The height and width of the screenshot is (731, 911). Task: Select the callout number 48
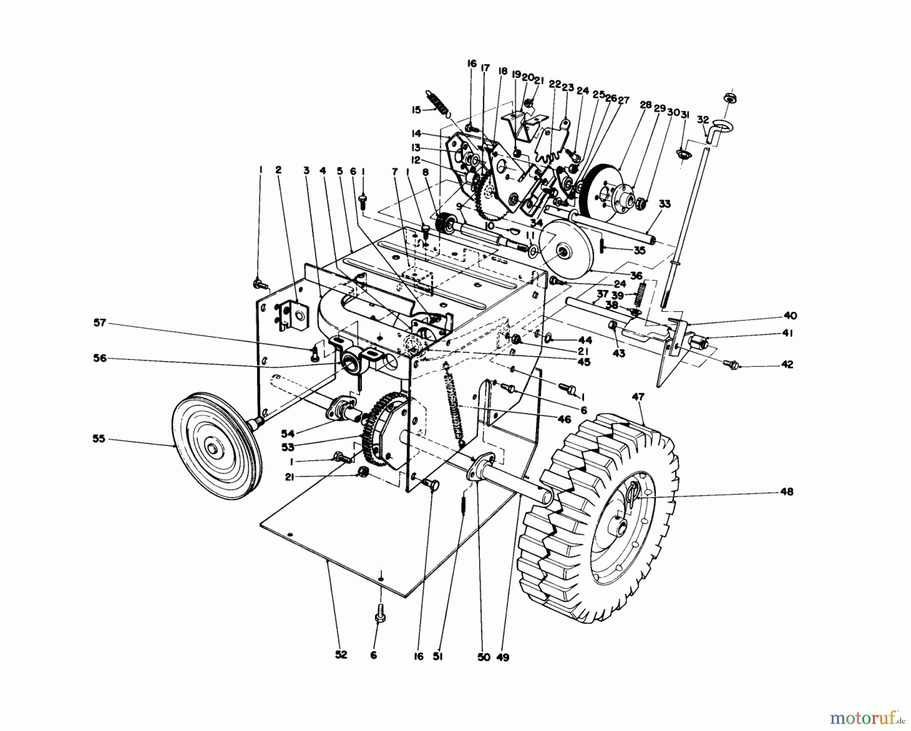pyautogui.click(x=786, y=492)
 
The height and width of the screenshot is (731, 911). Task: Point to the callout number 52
pyautogui.click(x=341, y=655)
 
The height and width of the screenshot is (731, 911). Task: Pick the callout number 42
pyautogui.click(x=786, y=364)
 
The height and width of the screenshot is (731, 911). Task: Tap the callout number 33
pyautogui.click(x=665, y=204)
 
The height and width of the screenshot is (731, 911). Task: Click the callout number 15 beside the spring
pyautogui.click(x=416, y=110)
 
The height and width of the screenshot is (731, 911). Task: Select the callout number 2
pyautogui.click(x=278, y=171)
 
